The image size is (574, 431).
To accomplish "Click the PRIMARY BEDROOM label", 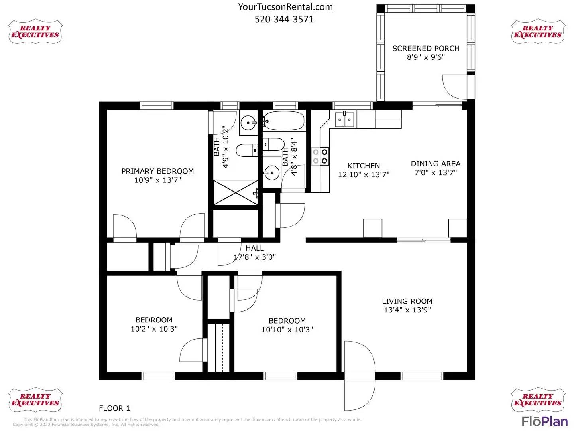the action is coord(157,171).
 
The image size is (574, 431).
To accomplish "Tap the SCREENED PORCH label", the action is coord(426,48).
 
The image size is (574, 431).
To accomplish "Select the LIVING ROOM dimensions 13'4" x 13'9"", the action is coord(407,310).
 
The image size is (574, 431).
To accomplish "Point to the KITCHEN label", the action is coord(364,166).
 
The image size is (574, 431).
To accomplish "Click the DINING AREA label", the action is coord(436,164).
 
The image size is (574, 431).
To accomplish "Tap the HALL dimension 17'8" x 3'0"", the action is coord(255,257).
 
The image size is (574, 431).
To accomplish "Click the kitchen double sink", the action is coord(344,119).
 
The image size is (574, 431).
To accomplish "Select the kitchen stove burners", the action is coord(320,156).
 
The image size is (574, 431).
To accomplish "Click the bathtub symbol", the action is coord(284,121).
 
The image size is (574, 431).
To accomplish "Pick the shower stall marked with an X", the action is coord(236,193).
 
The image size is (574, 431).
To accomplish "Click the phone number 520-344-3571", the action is coord(284,20).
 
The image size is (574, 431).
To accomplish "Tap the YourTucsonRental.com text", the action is coord(285,7).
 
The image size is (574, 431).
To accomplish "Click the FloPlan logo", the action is coord(545,421).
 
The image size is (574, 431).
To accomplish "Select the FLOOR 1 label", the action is coord(114,408).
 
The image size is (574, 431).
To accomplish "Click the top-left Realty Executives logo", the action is coord(35,32).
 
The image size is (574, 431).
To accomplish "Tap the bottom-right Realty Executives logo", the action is coord(538,399).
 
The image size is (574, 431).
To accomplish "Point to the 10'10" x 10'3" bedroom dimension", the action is coord(287,330).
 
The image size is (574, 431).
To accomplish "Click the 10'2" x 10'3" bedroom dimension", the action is coord(154,329).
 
